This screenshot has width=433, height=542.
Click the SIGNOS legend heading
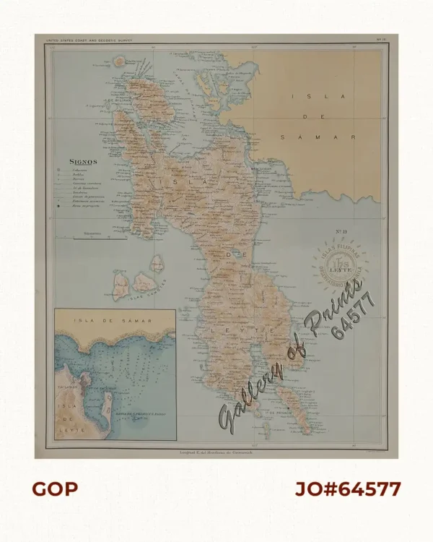[x=83, y=162]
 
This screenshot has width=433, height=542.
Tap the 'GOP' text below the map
[x=55, y=489]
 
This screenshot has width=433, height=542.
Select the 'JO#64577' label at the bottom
[x=348, y=489]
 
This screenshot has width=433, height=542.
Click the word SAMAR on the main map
[x=318, y=136]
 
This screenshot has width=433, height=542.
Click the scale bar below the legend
[x=92, y=236]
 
